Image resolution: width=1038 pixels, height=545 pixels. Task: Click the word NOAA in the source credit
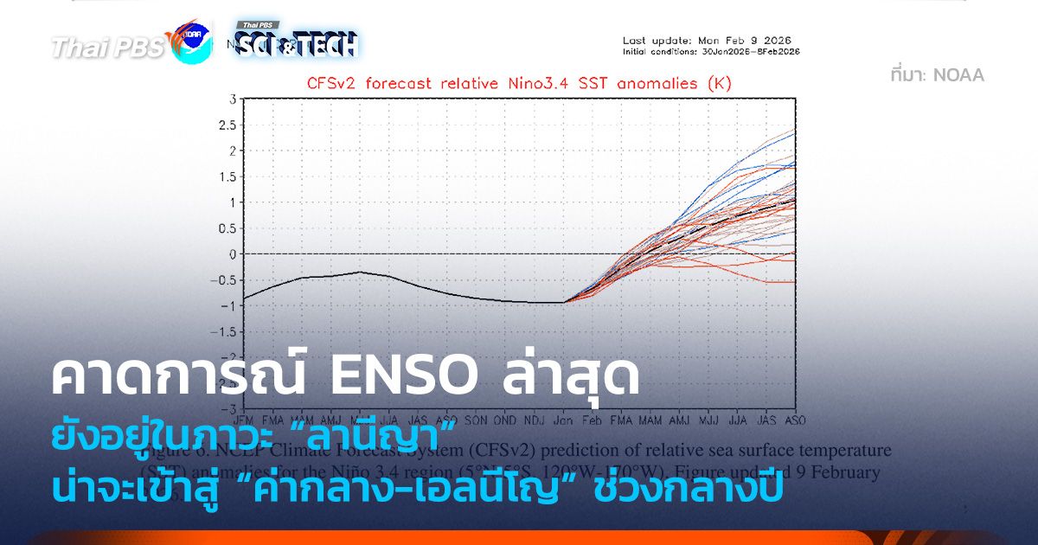(x=961, y=75)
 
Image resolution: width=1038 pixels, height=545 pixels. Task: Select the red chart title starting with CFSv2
(x=519, y=84)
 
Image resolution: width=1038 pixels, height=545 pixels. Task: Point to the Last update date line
(x=707, y=41)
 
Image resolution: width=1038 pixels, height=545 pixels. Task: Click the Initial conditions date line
(x=711, y=52)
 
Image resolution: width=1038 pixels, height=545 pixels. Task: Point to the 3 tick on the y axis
(x=233, y=99)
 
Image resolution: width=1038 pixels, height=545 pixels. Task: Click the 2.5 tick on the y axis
(x=227, y=125)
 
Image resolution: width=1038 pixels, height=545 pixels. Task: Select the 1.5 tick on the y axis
(x=227, y=176)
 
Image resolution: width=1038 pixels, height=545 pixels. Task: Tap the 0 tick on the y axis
(x=233, y=254)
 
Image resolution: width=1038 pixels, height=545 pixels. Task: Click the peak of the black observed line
(x=361, y=272)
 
